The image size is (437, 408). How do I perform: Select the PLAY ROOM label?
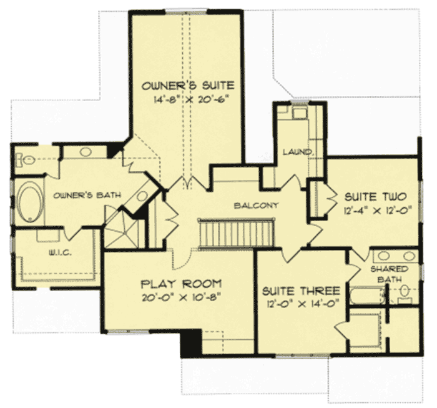tap(181, 283)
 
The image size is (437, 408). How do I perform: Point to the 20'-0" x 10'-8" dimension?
tap(181, 296)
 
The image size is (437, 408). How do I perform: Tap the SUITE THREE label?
tap(301, 291)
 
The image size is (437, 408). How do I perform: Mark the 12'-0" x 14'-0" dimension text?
tap(301, 304)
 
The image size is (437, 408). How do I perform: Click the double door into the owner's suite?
tap(188, 184)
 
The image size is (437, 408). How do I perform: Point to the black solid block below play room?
tap(190, 343)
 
